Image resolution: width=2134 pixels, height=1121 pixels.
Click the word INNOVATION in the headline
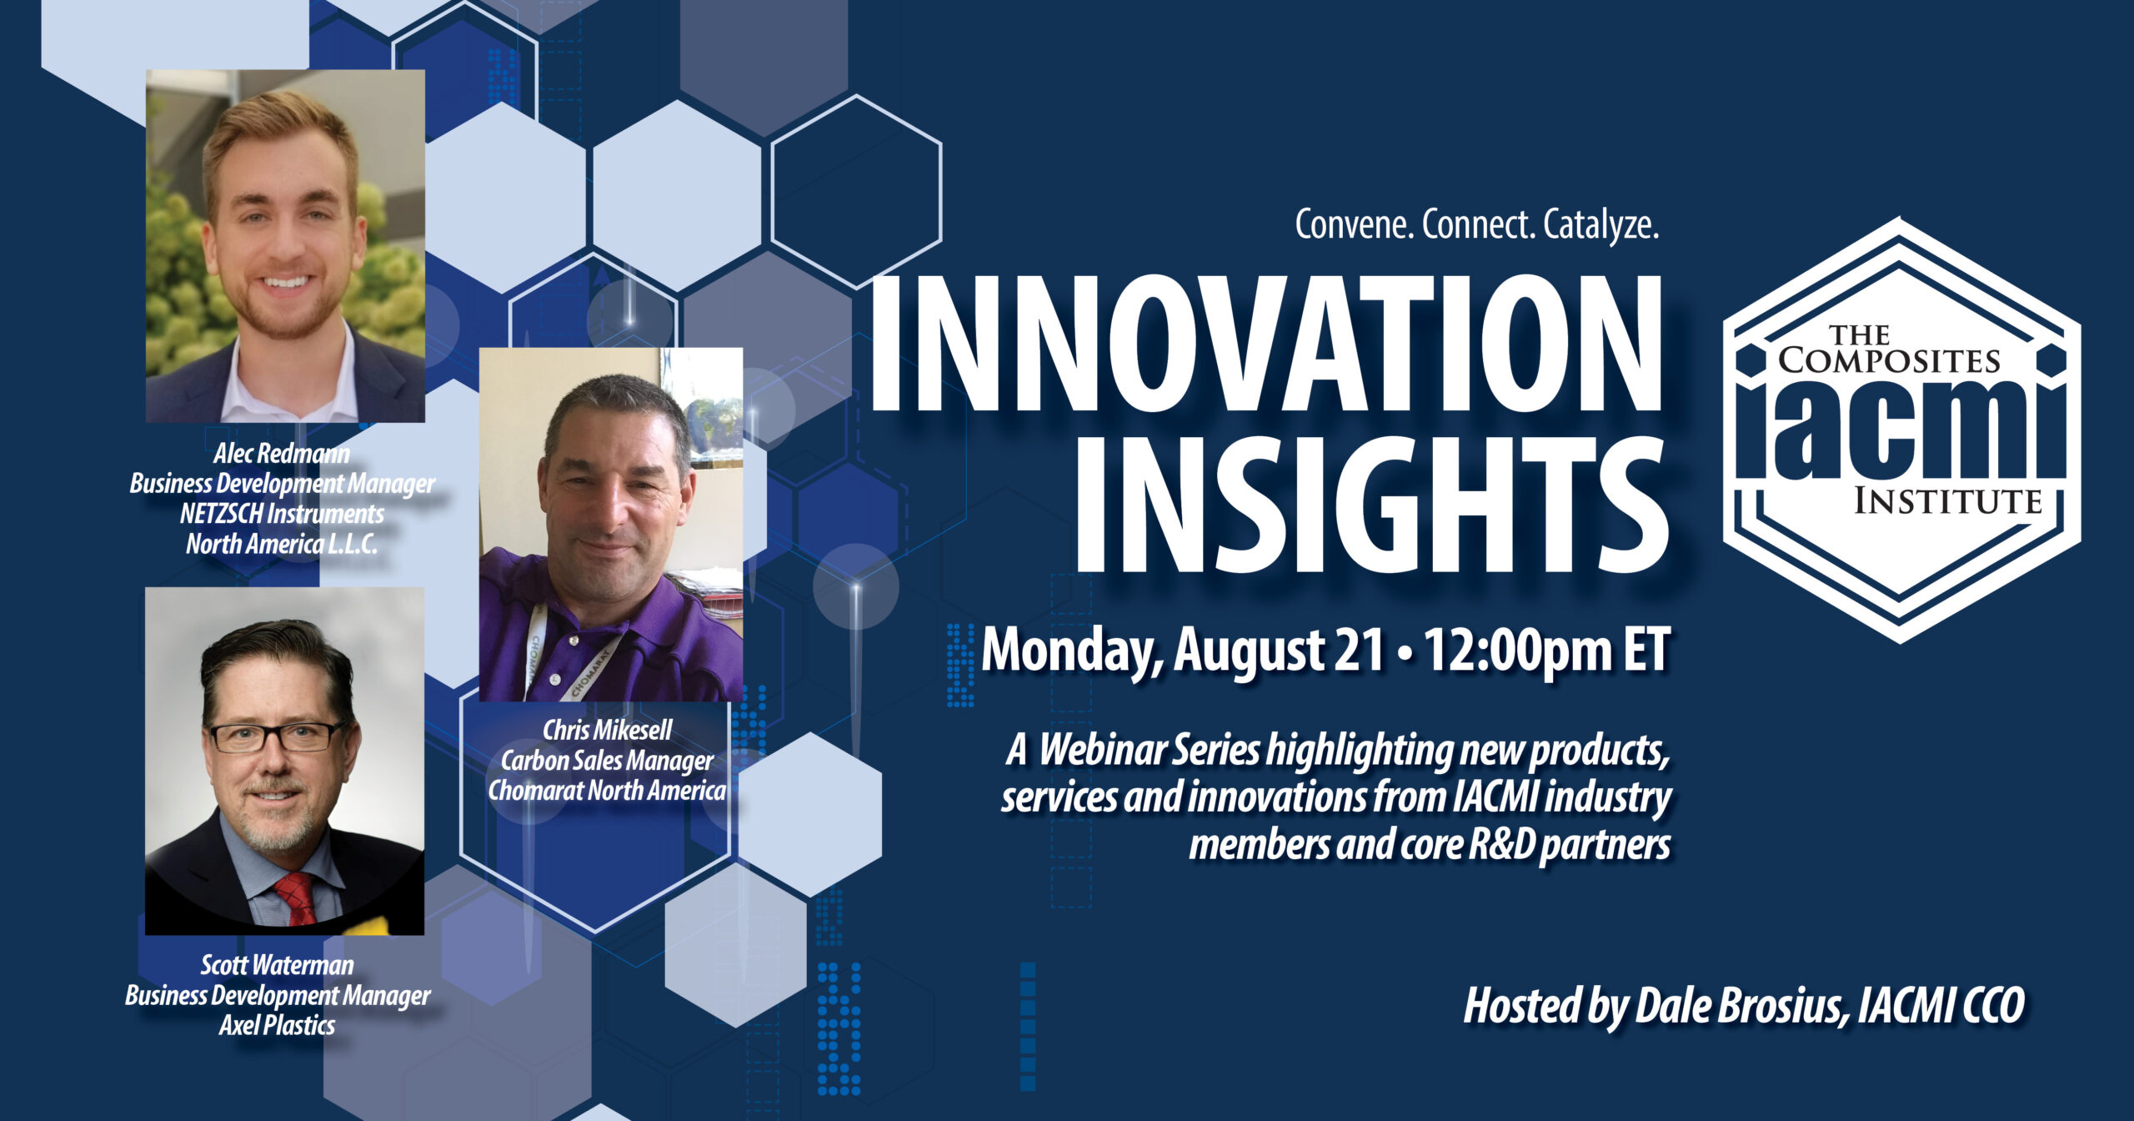[1266, 343]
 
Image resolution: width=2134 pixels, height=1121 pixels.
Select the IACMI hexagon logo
[1901, 430]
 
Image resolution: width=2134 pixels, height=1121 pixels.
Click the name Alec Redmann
[282, 453]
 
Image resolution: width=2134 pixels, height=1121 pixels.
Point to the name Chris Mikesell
[607, 730]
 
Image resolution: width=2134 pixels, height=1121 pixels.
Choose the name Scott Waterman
[277, 965]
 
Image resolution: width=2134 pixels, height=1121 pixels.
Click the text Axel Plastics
[277, 1025]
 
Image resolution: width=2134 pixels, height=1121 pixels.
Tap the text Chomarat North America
[607, 790]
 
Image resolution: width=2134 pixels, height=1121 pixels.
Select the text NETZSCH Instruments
[282, 513]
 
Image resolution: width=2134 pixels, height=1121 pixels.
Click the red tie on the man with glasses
[295, 898]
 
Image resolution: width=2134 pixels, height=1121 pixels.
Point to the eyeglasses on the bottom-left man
[277, 736]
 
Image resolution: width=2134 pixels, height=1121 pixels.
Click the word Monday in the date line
[1074, 651]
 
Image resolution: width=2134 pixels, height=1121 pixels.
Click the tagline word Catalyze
[1601, 225]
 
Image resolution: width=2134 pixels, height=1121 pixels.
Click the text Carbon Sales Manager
[607, 760]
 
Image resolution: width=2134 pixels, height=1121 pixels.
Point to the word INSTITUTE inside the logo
[1947, 501]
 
